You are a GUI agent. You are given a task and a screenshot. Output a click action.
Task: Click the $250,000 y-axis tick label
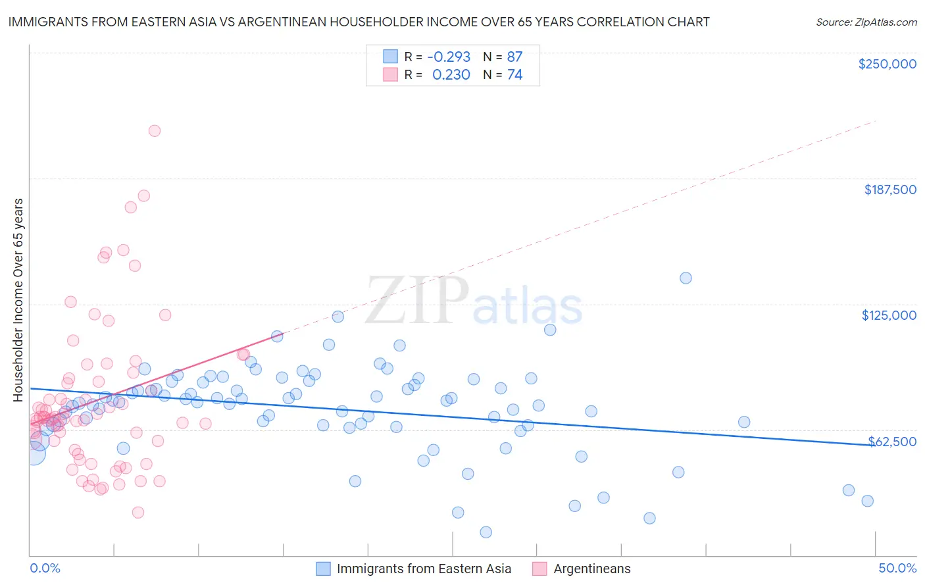coord(887,64)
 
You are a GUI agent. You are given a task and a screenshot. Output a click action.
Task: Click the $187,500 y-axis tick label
coord(889,190)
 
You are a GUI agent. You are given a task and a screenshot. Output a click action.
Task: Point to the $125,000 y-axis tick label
coord(889,315)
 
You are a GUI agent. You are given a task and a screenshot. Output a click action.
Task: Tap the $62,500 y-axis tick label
coord(892,442)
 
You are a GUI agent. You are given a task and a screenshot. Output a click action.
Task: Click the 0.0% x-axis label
coord(45,568)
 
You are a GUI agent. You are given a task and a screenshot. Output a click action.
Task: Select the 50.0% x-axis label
coord(897,568)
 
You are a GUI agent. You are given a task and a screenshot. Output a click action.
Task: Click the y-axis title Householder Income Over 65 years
coord(18,299)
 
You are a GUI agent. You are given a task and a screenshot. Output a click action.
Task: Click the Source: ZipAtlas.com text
coord(866,22)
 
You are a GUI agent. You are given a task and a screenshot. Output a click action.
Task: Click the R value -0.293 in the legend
coord(449,57)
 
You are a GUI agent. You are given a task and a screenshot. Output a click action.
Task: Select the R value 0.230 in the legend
coord(451,75)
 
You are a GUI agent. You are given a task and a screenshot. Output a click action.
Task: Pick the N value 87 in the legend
coord(514,57)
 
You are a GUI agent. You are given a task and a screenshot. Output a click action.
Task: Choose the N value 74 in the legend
coord(514,75)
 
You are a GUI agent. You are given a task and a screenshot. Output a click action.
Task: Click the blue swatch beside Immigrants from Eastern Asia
coord(323,569)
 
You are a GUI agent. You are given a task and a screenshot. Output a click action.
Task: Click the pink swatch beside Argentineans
coord(539,569)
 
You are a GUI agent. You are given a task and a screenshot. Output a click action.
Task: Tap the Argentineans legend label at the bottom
coord(591,569)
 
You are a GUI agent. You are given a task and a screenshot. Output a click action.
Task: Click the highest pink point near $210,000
coord(155,130)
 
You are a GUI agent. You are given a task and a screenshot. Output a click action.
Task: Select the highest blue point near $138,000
coord(686,278)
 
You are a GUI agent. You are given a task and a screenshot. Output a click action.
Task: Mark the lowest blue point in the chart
coord(486,532)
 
